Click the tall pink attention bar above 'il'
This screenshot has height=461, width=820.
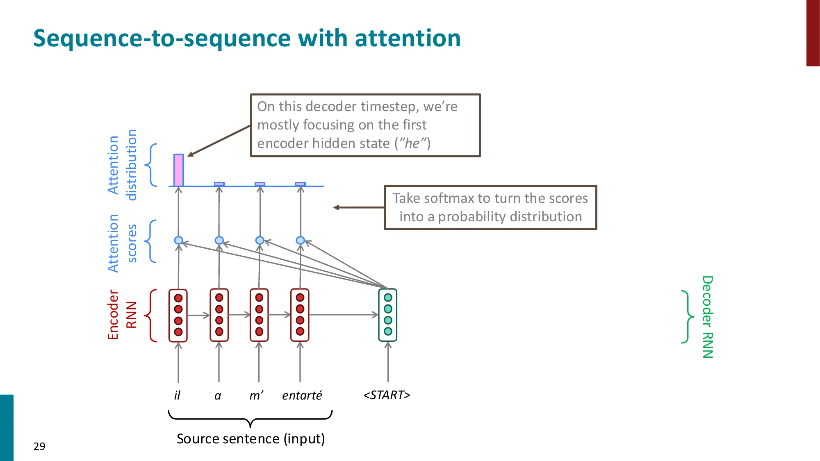pyautogui.click(x=178, y=170)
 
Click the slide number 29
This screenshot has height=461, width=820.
pyautogui.click(x=39, y=446)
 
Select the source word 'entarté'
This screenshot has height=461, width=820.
pyautogui.click(x=302, y=395)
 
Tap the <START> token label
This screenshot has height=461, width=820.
pyautogui.click(x=387, y=395)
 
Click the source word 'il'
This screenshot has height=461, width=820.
pyautogui.click(x=177, y=395)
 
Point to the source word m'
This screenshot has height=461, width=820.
pyautogui.click(x=256, y=395)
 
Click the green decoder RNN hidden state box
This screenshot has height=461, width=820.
pyautogui.click(x=388, y=315)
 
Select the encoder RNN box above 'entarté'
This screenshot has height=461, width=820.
pyautogui.click(x=300, y=315)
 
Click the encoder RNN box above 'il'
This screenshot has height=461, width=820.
pyautogui.click(x=178, y=315)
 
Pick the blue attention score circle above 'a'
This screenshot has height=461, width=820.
pyautogui.click(x=219, y=240)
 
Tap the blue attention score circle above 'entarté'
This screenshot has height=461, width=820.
pyautogui.click(x=300, y=240)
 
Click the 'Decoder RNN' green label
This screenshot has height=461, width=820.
pyautogui.click(x=708, y=316)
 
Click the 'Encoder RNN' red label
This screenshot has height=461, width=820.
pyautogui.click(x=122, y=315)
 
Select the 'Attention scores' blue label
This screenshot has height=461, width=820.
pyautogui.click(x=122, y=243)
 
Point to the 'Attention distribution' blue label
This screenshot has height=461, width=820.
pyautogui.click(x=122, y=165)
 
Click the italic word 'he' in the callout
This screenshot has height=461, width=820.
pyautogui.click(x=412, y=143)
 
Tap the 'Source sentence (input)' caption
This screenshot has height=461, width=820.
pyautogui.click(x=251, y=439)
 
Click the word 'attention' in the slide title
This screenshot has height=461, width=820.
pyautogui.click(x=408, y=38)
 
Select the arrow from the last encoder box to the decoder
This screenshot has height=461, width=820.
pyautogui.click(x=344, y=315)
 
